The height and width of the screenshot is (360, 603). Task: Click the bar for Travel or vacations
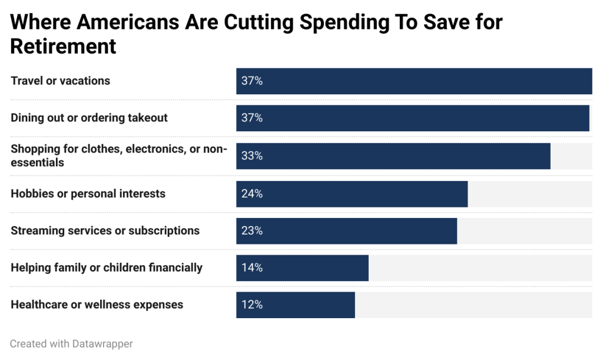(x=414, y=81)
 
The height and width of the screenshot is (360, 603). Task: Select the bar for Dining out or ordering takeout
(x=412, y=118)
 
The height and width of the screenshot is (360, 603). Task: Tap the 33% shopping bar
(x=393, y=156)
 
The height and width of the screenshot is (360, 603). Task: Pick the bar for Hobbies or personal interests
(x=352, y=194)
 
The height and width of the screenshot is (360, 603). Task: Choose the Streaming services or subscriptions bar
(x=346, y=231)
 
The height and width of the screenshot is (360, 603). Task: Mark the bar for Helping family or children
(x=302, y=268)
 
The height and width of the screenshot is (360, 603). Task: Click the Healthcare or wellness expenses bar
(x=295, y=305)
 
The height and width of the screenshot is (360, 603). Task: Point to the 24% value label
(x=251, y=194)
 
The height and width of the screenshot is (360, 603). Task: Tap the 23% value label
(x=251, y=231)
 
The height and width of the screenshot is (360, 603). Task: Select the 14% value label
(x=251, y=268)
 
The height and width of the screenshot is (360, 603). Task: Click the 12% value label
(x=251, y=305)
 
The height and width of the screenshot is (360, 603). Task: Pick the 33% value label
(x=251, y=156)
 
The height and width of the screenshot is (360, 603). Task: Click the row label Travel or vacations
(x=60, y=81)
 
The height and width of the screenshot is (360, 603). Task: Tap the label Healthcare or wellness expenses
(x=97, y=305)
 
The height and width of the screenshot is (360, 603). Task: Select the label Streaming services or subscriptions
(x=105, y=230)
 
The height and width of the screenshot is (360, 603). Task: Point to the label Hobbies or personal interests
(x=88, y=193)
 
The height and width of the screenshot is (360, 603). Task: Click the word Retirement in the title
(x=63, y=46)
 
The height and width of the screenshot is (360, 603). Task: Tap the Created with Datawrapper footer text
(x=71, y=344)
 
